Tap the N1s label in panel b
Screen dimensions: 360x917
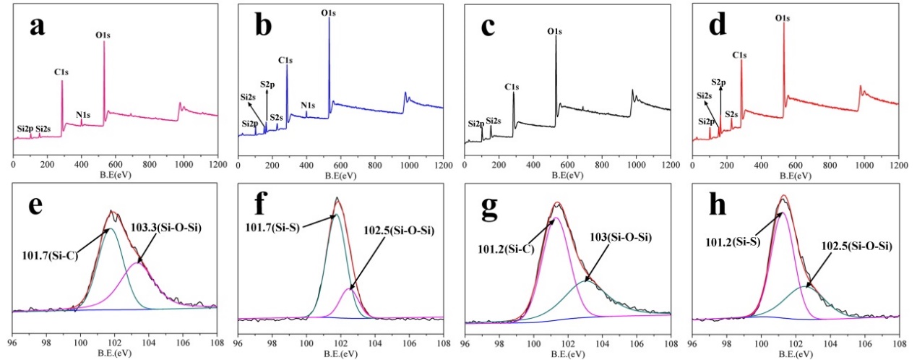coord(308,105)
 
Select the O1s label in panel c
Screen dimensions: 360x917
coord(555,32)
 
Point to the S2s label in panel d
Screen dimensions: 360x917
coord(731,113)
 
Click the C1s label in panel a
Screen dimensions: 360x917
coord(61,72)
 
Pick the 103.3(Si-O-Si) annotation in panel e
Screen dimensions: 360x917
coord(165,227)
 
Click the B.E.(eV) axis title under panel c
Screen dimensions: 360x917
coord(568,176)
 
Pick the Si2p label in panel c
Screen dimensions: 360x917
coord(475,124)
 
